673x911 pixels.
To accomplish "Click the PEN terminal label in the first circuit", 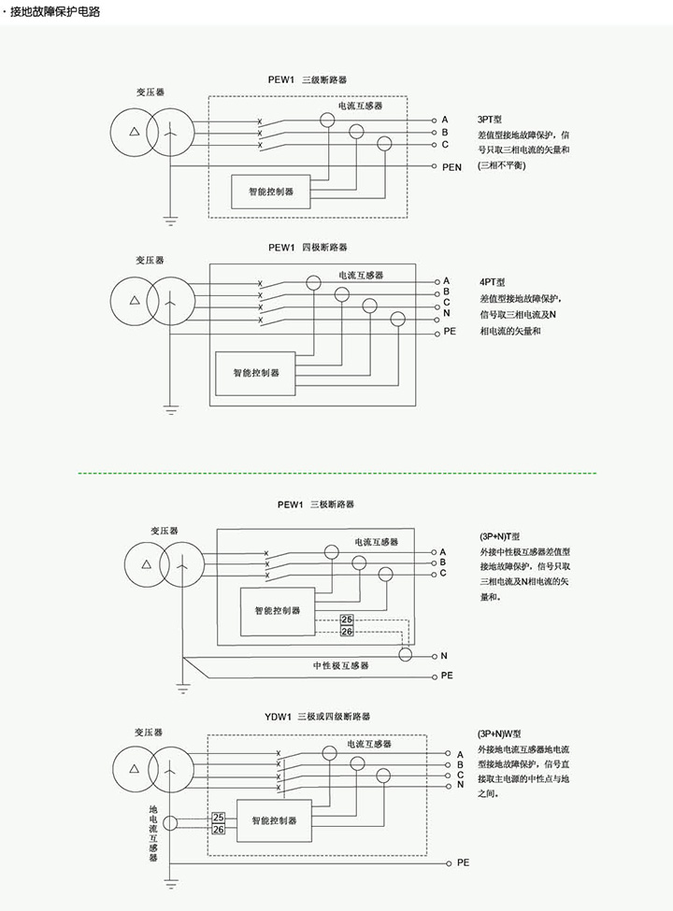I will [452, 167].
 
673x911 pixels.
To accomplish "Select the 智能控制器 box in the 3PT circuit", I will [270, 192].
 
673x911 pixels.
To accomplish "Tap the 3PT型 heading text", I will [490, 121].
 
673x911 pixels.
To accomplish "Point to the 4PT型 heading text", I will [492, 281].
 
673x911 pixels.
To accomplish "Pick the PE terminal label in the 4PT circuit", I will [449, 332].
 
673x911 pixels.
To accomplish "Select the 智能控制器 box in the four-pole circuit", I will [255, 372].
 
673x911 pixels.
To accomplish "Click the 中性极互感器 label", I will [340, 665].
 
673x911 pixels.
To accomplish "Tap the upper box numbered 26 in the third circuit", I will [321, 620].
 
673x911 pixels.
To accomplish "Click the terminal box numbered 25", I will [219, 818].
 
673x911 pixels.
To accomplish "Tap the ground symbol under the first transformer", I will [171, 221].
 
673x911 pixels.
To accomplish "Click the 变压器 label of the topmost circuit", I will [150, 93].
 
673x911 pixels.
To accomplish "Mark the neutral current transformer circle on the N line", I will [405, 655].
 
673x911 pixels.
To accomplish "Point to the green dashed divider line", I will [336, 473].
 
